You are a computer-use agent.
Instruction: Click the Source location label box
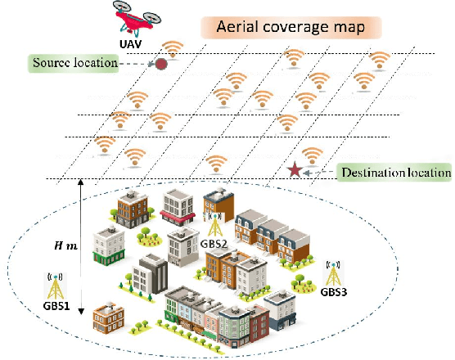click(x=72, y=62)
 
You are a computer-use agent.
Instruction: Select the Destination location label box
click(x=394, y=173)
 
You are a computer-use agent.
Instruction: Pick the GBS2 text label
click(x=214, y=242)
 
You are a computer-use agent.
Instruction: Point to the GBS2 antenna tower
click(x=216, y=221)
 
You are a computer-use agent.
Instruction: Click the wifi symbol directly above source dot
click(x=173, y=48)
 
